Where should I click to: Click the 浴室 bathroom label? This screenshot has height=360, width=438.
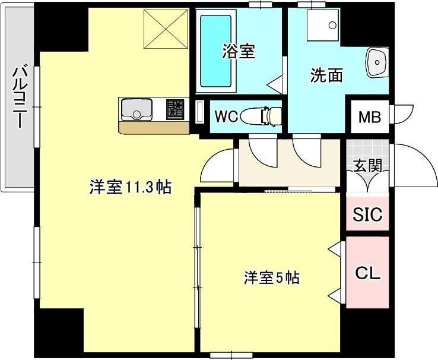[239, 52]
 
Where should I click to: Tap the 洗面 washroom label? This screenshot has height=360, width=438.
[326, 75]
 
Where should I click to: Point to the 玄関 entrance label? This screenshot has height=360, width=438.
[367, 166]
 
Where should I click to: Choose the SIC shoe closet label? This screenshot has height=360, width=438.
[367, 214]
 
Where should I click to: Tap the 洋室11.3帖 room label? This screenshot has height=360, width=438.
[131, 188]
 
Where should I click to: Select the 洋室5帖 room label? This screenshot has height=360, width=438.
[271, 277]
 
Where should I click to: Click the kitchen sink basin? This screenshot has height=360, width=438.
[137, 110]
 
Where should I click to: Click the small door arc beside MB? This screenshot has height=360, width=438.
[403, 112]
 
